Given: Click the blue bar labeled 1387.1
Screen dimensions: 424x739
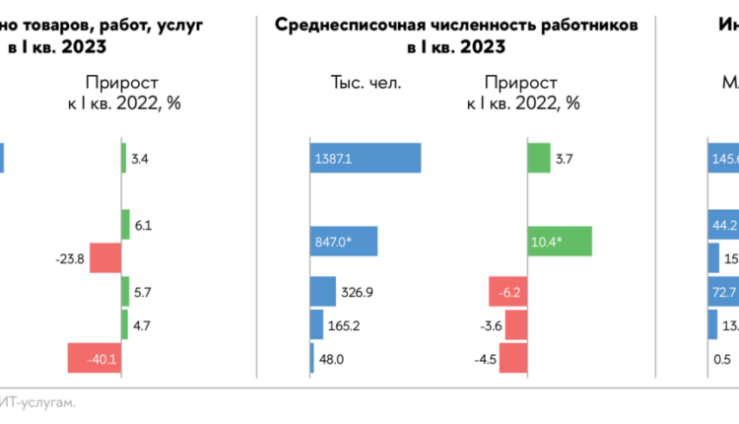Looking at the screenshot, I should pyautogui.click(x=366, y=159).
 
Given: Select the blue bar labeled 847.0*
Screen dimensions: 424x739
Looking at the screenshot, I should pyautogui.click(x=344, y=242).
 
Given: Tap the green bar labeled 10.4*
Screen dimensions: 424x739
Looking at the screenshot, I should pyautogui.click(x=560, y=242).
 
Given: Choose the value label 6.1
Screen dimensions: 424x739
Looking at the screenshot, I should pyautogui.click(x=143, y=226).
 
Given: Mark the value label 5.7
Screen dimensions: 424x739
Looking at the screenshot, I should pyautogui.click(x=143, y=292).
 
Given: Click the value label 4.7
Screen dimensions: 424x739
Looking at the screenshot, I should pyautogui.click(x=143, y=324).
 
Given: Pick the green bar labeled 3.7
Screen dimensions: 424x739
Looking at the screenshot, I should pyautogui.click(x=538, y=159).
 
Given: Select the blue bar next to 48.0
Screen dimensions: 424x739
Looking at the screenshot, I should pyautogui.click(x=312, y=359).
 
